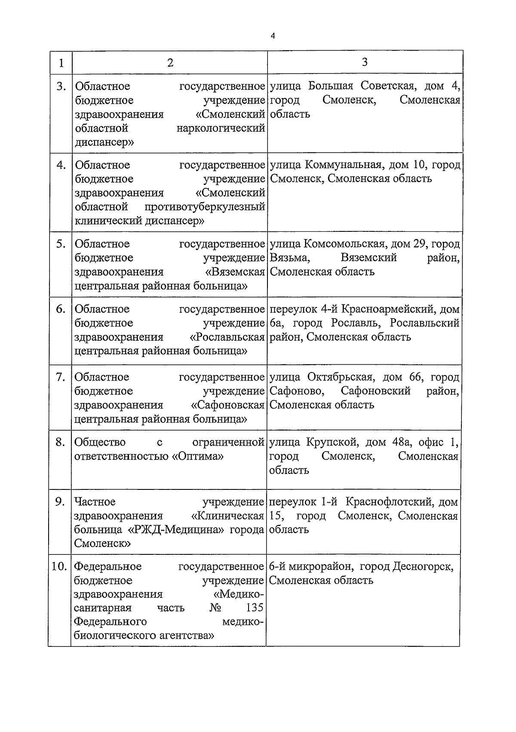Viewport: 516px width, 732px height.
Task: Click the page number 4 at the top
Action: [x=273, y=36]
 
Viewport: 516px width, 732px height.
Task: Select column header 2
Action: [x=170, y=63]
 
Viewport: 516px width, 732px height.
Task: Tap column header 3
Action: [x=365, y=62]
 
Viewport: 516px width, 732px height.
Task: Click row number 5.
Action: [x=61, y=244]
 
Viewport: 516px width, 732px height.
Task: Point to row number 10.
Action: [x=59, y=566]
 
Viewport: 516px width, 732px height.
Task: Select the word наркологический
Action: [x=221, y=128]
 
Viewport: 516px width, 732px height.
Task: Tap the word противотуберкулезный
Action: [x=205, y=207]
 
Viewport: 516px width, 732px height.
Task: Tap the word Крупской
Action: [x=332, y=442]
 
